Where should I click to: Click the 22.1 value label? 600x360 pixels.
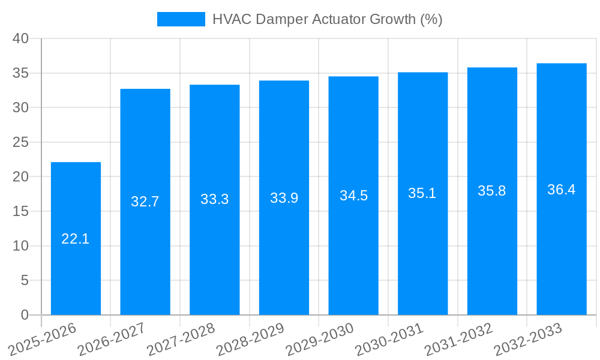(76, 239)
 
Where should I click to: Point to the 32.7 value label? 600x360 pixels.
(145, 202)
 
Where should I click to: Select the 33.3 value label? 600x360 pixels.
(215, 199)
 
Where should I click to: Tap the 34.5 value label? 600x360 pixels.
(353, 196)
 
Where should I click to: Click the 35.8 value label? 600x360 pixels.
(492, 191)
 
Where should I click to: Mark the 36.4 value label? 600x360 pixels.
(562, 190)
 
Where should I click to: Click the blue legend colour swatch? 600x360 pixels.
(181, 19)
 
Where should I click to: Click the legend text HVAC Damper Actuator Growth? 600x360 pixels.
(327, 19)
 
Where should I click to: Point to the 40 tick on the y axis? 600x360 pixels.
(21, 38)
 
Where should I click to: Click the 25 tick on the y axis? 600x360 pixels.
(21, 142)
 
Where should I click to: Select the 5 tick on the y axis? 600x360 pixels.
(25, 280)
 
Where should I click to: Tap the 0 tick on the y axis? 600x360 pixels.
(25, 315)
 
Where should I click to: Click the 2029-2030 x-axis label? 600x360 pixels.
(319, 340)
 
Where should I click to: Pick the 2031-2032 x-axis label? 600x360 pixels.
(458, 340)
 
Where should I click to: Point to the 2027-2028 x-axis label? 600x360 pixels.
(180, 340)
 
